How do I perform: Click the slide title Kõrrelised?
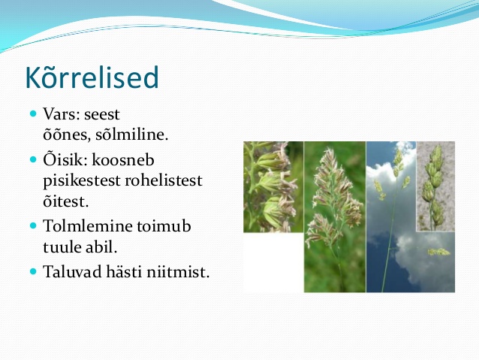point(92,77)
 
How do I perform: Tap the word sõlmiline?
point(131,135)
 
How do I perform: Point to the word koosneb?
point(123,160)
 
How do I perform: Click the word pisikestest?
point(82,181)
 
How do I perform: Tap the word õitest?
point(65,201)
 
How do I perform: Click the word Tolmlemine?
point(87,226)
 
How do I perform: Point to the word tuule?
point(62,247)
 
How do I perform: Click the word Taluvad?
point(72,271)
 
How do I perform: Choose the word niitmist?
point(178,271)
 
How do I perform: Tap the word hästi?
point(124,271)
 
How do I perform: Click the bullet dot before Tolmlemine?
point(33,225)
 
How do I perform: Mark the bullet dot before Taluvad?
point(33,271)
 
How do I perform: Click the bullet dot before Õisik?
point(33,159)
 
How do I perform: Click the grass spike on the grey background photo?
point(433,187)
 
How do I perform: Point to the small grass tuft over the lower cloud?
point(438,252)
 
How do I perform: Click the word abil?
point(101,247)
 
